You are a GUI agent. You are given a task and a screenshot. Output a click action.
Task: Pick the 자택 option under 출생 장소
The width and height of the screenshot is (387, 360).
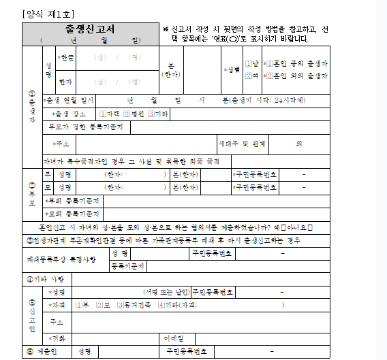click(106, 114)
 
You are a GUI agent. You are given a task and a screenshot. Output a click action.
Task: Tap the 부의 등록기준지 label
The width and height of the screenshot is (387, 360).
click(72, 201)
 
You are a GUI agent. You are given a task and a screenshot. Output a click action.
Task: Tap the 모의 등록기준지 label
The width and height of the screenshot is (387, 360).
click(72, 214)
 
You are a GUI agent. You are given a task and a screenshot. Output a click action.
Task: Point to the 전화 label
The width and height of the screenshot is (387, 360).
click(59, 338)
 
